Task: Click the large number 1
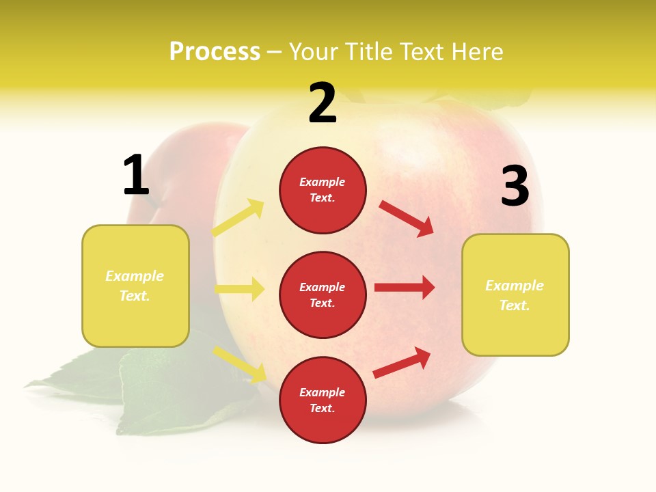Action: [136, 175]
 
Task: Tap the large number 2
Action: [323, 103]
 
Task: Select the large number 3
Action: [515, 187]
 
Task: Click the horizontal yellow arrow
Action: [240, 289]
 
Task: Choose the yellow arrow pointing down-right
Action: [240, 364]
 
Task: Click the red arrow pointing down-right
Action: [407, 218]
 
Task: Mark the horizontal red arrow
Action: [405, 287]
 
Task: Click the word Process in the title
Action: [215, 51]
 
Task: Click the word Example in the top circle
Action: [322, 182]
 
